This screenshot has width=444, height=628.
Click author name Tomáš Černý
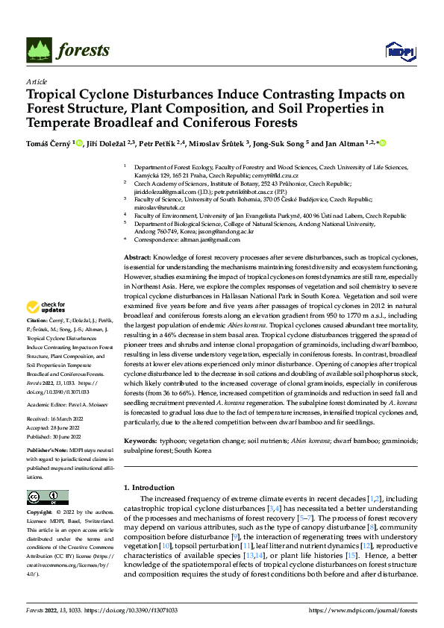(50, 143)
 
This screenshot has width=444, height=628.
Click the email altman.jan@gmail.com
(182, 239)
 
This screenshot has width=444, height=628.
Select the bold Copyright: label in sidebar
(40, 512)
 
